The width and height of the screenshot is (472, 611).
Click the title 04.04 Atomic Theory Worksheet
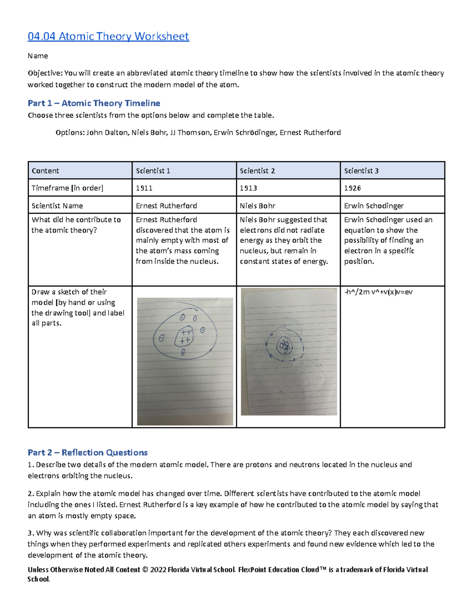point(108,37)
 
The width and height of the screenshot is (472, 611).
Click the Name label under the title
point(38,56)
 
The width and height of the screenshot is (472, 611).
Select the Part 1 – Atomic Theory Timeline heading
point(94,103)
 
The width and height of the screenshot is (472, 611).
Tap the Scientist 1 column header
point(153,171)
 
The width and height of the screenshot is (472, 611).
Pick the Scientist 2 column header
point(257,171)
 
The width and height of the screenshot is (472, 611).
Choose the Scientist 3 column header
point(361,171)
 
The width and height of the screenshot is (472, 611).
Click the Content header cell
point(45,171)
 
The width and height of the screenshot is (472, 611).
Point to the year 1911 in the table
point(144,188)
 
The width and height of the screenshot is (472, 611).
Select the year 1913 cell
point(248,188)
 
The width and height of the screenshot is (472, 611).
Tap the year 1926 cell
point(352,188)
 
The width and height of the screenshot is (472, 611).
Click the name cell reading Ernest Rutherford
point(166,206)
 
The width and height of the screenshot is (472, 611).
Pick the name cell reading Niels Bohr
point(258,206)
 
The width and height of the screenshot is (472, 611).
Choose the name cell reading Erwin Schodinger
point(374,206)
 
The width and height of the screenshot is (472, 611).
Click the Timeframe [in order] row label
point(67,188)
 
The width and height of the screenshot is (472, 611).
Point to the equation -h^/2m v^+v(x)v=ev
point(378,292)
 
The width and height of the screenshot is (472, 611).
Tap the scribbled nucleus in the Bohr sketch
point(284,346)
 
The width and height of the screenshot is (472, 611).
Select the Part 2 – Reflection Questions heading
point(87,452)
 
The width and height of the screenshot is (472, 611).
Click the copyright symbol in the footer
point(145,570)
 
